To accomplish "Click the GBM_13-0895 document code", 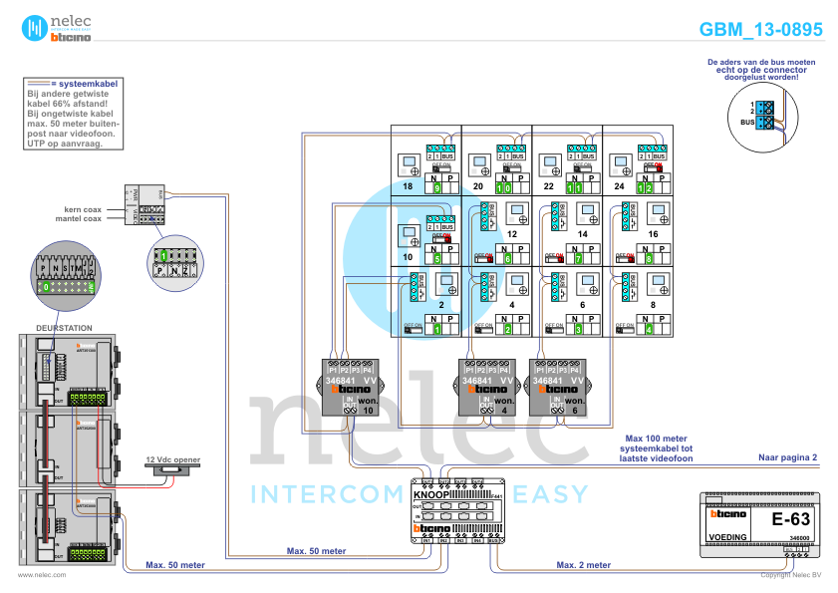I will [x=760, y=30].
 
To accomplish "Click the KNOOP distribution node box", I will [x=457, y=510].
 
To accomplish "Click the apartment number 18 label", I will [x=408, y=186].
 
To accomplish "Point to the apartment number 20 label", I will [x=478, y=186].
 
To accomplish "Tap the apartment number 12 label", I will [x=511, y=232].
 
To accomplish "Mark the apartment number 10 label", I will [x=408, y=256].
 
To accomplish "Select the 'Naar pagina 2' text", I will [x=787, y=456].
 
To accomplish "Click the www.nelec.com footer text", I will [x=42, y=575].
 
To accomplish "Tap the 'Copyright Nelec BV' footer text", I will [x=790, y=575].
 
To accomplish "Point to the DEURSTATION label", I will [x=64, y=327].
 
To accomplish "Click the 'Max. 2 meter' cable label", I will [x=584, y=564].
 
